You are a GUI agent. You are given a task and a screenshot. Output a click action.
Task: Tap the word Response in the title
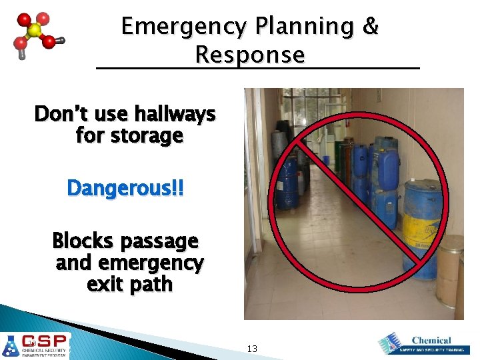tap(250, 55)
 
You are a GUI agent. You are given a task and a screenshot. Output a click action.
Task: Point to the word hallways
tap(179, 115)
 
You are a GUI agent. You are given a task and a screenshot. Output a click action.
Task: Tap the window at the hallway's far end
tap(310, 113)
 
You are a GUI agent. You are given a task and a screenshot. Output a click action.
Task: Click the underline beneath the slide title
tap(258, 68)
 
